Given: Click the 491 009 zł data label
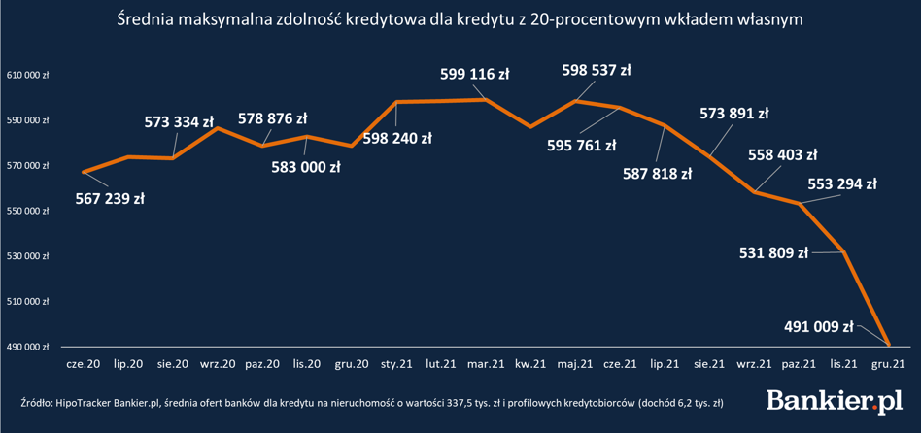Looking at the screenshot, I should click(818, 326).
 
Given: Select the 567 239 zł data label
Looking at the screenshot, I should click(110, 199).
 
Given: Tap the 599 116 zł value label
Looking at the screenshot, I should click(474, 73).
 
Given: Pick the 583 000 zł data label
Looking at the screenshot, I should click(306, 166).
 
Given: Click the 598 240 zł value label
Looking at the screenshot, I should click(396, 138).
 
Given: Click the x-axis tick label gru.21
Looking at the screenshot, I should click(889, 364).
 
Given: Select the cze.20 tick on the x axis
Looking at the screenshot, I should click(83, 364).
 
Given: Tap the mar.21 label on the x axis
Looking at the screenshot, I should click(484, 364).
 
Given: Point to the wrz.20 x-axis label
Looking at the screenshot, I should click(217, 364).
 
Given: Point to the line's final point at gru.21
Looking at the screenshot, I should click(889, 344).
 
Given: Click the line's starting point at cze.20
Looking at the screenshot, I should click(84, 172).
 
